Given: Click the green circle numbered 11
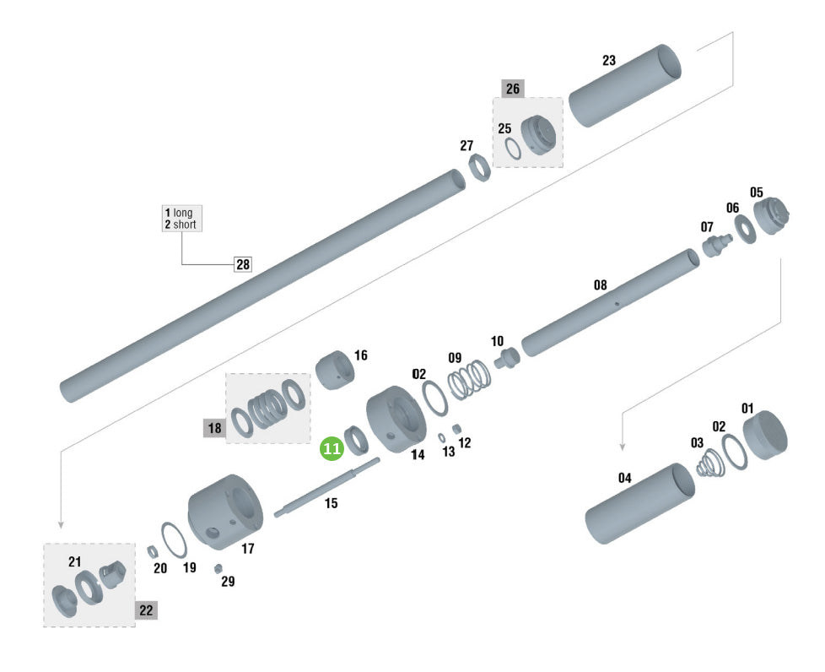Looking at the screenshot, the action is point(332,448).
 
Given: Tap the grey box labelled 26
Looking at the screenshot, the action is point(513,89).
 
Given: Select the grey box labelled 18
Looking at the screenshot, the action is point(214,428).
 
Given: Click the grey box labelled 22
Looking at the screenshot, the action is point(146,610).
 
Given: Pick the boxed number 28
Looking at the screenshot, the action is point(243,264).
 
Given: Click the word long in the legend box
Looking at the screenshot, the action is point(183,213).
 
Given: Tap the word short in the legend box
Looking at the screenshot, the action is point(185,225).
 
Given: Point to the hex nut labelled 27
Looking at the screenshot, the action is point(479,166).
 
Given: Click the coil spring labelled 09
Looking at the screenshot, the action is point(469,380).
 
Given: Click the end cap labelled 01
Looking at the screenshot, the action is point(765,435).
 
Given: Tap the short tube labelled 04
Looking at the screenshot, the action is point(639,503).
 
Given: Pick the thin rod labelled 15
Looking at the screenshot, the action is point(326,488).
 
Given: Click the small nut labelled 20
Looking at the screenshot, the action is point(153,551).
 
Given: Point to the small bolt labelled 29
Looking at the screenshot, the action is point(218,569).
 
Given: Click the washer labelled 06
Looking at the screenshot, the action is point(745,229).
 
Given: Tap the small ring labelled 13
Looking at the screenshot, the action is point(442,437).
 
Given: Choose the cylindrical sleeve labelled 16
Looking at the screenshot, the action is point(335,370).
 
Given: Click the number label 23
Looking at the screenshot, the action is point(609,61).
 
